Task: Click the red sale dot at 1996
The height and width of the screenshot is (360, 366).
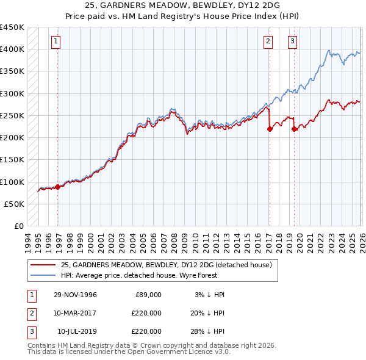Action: click(58, 187)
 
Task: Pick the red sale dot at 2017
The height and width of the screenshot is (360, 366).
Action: click(269, 129)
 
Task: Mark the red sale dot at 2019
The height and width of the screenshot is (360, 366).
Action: click(294, 129)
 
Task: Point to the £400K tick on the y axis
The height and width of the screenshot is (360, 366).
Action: click(12, 49)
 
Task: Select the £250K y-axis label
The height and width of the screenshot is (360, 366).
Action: click(12, 115)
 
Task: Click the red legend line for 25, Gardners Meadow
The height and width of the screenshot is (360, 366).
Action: click(43, 265)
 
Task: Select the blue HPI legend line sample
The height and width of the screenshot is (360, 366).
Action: click(43, 275)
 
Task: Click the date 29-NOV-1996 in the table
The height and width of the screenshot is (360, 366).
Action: click(75, 295)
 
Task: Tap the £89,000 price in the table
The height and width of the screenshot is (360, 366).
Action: click(148, 295)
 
